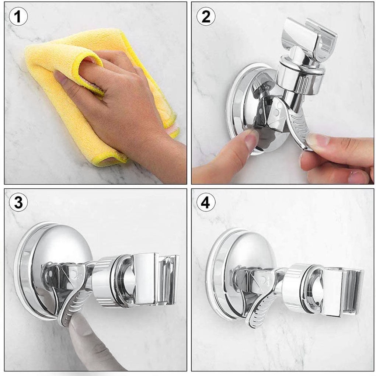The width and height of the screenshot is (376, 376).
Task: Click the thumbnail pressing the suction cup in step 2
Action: tap(252, 139)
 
